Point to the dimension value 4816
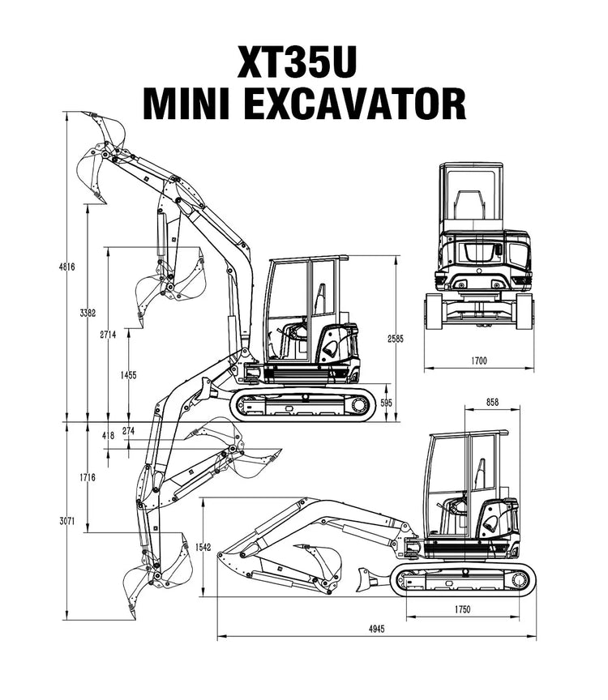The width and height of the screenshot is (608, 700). pyautogui.click(x=72, y=267)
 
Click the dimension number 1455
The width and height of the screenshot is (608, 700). pyautogui.click(x=127, y=375)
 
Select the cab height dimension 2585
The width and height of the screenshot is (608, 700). pyautogui.click(x=396, y=338)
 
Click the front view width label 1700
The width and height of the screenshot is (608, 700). pyautogui.click(x=478, y=361)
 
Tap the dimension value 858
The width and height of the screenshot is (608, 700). pyautogui.click(x=493, y=402)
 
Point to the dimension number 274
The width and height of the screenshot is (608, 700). pyautogui.click(x=128, y=430)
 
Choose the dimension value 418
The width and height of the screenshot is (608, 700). pyautogui.click(x=108, y=436)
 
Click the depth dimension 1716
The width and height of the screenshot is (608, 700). pyautogui.click(x=88, y=477)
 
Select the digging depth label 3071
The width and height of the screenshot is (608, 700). pyautogui.click(x=66, y=522)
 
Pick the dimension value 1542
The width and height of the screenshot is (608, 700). pyautogui.click(x=203, y=548)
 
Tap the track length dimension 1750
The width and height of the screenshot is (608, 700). pyautogui.click(x=463, y=609)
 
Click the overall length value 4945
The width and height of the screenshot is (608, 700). pyautogui.click(x=375, y=628)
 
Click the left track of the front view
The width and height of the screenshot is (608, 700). pyautogui.click(x=433, y=311)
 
